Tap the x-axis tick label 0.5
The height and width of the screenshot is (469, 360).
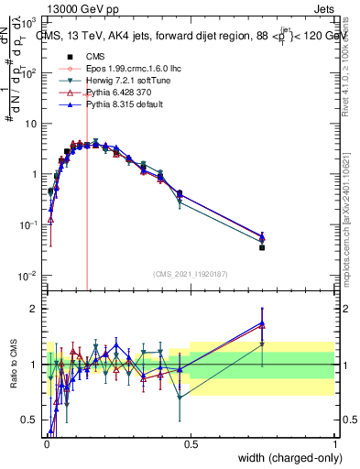(191, 444)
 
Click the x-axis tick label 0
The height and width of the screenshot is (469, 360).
(46, 444)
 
